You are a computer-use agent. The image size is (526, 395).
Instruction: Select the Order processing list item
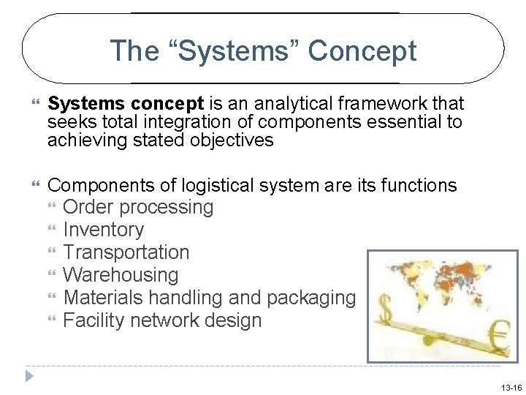[138, 208]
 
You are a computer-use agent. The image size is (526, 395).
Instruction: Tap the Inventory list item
[103, 230]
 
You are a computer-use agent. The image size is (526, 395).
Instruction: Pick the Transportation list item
[126, 253]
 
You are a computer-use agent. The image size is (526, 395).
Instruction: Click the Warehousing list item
[121, 276]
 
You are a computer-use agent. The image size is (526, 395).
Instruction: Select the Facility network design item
[162, 321]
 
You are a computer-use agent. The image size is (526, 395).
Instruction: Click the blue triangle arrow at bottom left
[29, 377]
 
